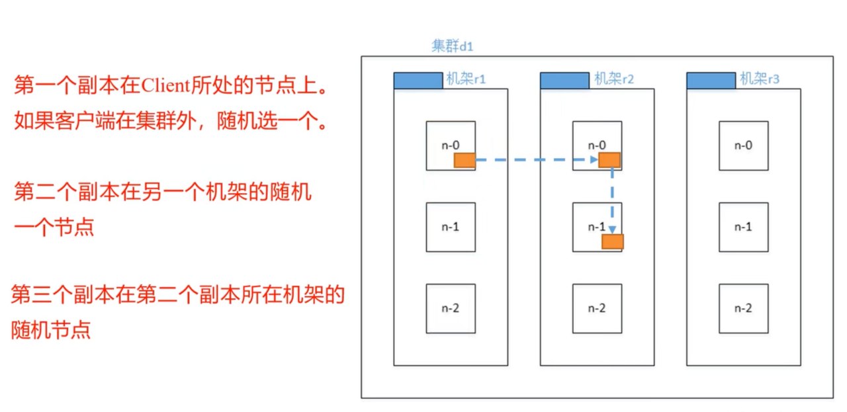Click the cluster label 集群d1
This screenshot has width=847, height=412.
pyautogui.click(x=453, y=46)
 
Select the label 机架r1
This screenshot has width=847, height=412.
pyautogui.click(x=466, y=79)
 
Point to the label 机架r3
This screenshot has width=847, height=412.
pyautogui.click(x=759, y=79)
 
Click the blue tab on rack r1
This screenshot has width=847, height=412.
pyautogui.click(x=418, y=80)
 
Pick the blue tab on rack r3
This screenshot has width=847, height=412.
pyautogui.click(x=711, y=80)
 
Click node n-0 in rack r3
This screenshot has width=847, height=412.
pyautogui.click(x=744, y=145)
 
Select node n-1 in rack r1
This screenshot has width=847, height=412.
pyautogui.click(x=451, y=227)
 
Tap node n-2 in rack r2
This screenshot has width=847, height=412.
pyautogui.click(x=597, y=308)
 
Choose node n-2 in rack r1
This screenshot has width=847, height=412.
pyautogui.click(x=451, y=308)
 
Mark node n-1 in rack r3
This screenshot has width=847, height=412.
pyautogui.click(x=744, y=227)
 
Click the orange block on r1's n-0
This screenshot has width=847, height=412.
pyautogui.click(x=465, y=160)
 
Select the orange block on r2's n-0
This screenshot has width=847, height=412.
pyautogui.click(x=609, y=160)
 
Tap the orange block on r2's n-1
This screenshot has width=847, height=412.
pyautogui.click(x=613, y=241)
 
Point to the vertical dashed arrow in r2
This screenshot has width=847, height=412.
pyautogui.click(x=613, y=198)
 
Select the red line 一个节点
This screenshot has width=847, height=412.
pyautogui.click(x=54, y=227)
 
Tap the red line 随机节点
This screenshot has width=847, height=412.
pyautogui.click(x=51, y=329)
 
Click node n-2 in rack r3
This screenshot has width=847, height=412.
pyautogui.click(x=744, y=308)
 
